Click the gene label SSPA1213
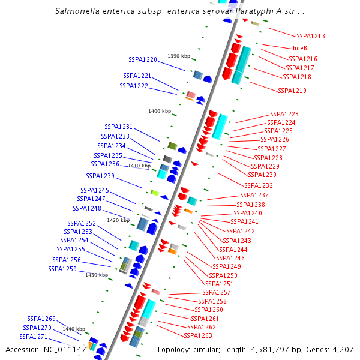310,36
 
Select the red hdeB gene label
300,48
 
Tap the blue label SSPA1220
143,60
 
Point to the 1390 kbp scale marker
179,56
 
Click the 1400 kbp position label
160,111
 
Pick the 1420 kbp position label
118,220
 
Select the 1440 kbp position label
74,329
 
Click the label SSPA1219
292,91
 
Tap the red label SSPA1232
259,185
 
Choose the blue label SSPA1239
100,176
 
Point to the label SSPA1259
62,269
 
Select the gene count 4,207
343,350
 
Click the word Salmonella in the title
80,11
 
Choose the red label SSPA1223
284,114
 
